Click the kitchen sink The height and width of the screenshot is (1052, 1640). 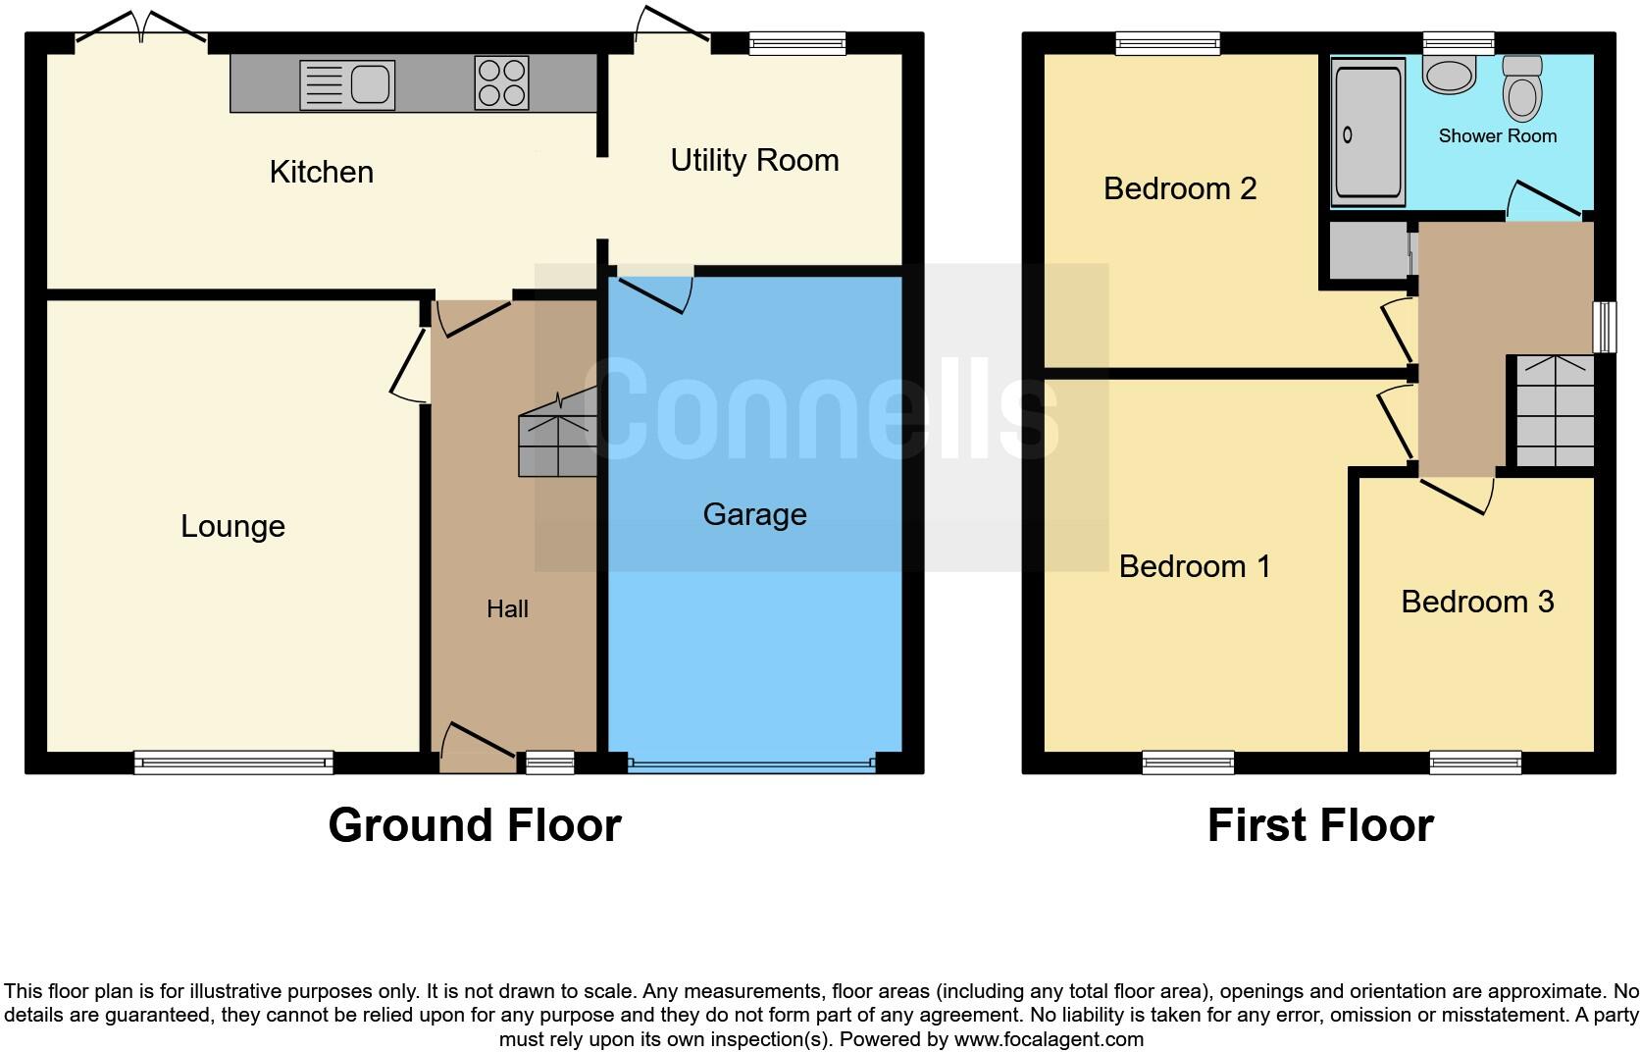coord(347,84)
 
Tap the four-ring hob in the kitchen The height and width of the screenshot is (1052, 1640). coord(502,82)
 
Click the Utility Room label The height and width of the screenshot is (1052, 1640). coord(754,160)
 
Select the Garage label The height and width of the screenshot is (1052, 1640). coord(754,514)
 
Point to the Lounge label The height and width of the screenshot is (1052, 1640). coord(232,526)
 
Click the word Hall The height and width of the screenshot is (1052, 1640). coord(507,609)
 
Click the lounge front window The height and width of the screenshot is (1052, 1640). coord(233,762)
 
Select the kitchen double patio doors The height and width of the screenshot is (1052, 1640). coord(141,29)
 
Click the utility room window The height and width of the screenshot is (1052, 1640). coord(796,42)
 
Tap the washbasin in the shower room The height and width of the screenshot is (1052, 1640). coord(1449,75)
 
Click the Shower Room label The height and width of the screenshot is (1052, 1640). coord(1497,136)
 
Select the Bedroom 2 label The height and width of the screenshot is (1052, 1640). coord(1179,188)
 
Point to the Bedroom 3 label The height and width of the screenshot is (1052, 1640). coord(1476,602)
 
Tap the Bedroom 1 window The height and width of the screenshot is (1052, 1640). coord(1188,762)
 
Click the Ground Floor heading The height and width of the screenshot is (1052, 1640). coord(475,825)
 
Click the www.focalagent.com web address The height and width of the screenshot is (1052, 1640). coord(1049,1039)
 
